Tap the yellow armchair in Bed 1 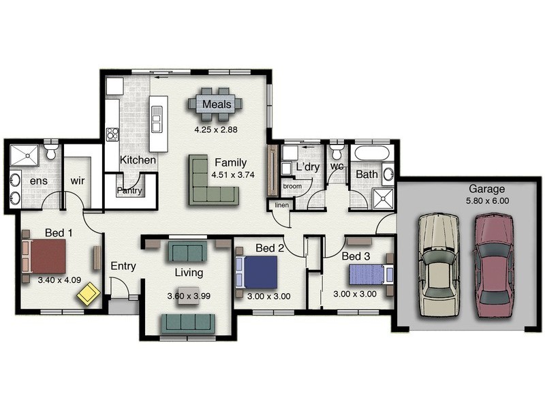pyautogui.click(x=89, y=294)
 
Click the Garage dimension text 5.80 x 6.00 pyautogui.click(x=486, y=201)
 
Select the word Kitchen pyautogui.click(x=138, y=160)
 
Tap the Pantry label pyautogui.click(x=129, y=191)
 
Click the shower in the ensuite pyautogui.click(x=25, y=155)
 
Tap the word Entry pyautogui.click(x=123, y=266)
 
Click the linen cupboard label pyautogui.click(x=281, y=205)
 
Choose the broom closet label pyautogui.click(x=292, y=186)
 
